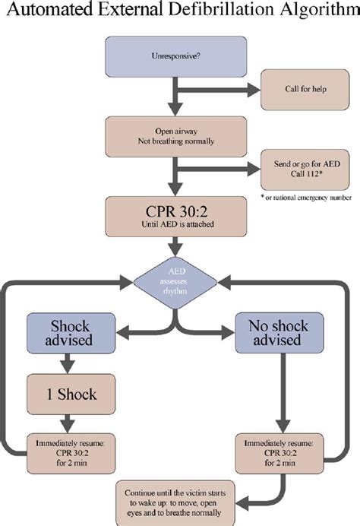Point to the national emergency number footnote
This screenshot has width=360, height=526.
click(x=300, y=198)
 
